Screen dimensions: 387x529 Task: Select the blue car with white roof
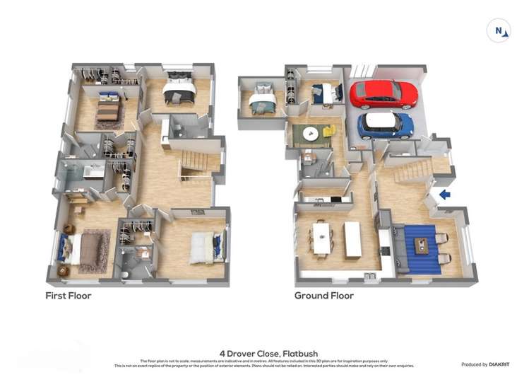click(385, 125)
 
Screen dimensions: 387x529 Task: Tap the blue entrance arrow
click(444, 195)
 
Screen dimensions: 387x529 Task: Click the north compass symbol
click(499, 30)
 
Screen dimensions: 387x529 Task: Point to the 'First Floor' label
click(69, 296)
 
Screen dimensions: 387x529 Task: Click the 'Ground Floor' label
click(323, 296)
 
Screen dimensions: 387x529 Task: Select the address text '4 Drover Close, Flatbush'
click(263, 353)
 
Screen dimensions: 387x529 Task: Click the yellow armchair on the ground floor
click(328, 131)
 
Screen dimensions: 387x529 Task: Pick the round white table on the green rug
click(310, 132)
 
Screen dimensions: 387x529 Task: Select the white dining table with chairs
click(322, 238)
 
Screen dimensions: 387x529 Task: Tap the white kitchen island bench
click(352, 239)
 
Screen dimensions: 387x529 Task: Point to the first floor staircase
click(194, 162)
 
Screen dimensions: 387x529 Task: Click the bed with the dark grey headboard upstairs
click(179, 90)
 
